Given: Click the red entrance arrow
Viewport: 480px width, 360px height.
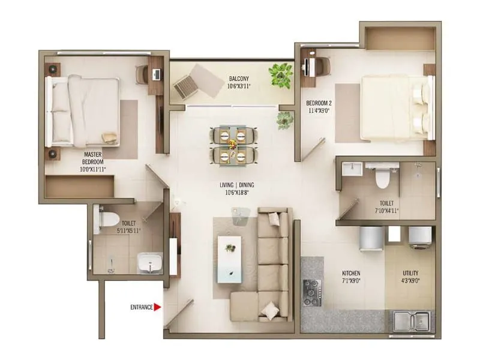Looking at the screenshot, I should [158, 307].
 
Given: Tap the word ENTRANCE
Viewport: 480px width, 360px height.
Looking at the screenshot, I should [142, 307].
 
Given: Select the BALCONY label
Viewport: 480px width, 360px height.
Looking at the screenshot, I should [239, 79].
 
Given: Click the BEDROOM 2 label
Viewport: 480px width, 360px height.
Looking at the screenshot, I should [319, 101].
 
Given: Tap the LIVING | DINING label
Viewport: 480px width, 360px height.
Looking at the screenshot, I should [238, 185].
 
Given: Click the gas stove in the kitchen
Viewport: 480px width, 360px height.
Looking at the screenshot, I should [312, 292].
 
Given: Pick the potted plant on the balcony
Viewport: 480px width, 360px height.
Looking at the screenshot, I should [280, 74].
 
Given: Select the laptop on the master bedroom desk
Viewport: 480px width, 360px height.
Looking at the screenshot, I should [157, 74].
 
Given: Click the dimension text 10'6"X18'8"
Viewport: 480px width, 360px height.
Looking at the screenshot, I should [238, 193].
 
